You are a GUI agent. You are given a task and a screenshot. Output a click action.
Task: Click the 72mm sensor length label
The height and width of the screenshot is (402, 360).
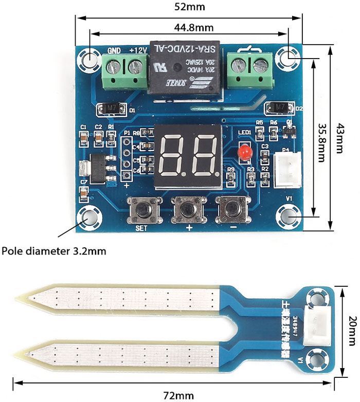(x=178, y=395)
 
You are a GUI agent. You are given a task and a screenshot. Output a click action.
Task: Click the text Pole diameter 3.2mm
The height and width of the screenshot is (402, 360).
(x=54, y=251)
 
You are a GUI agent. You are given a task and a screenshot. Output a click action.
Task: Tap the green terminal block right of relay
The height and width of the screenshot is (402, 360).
(x=249, y=70)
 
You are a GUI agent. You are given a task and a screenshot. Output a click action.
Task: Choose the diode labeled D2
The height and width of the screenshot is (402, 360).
(x=279, y=108)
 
